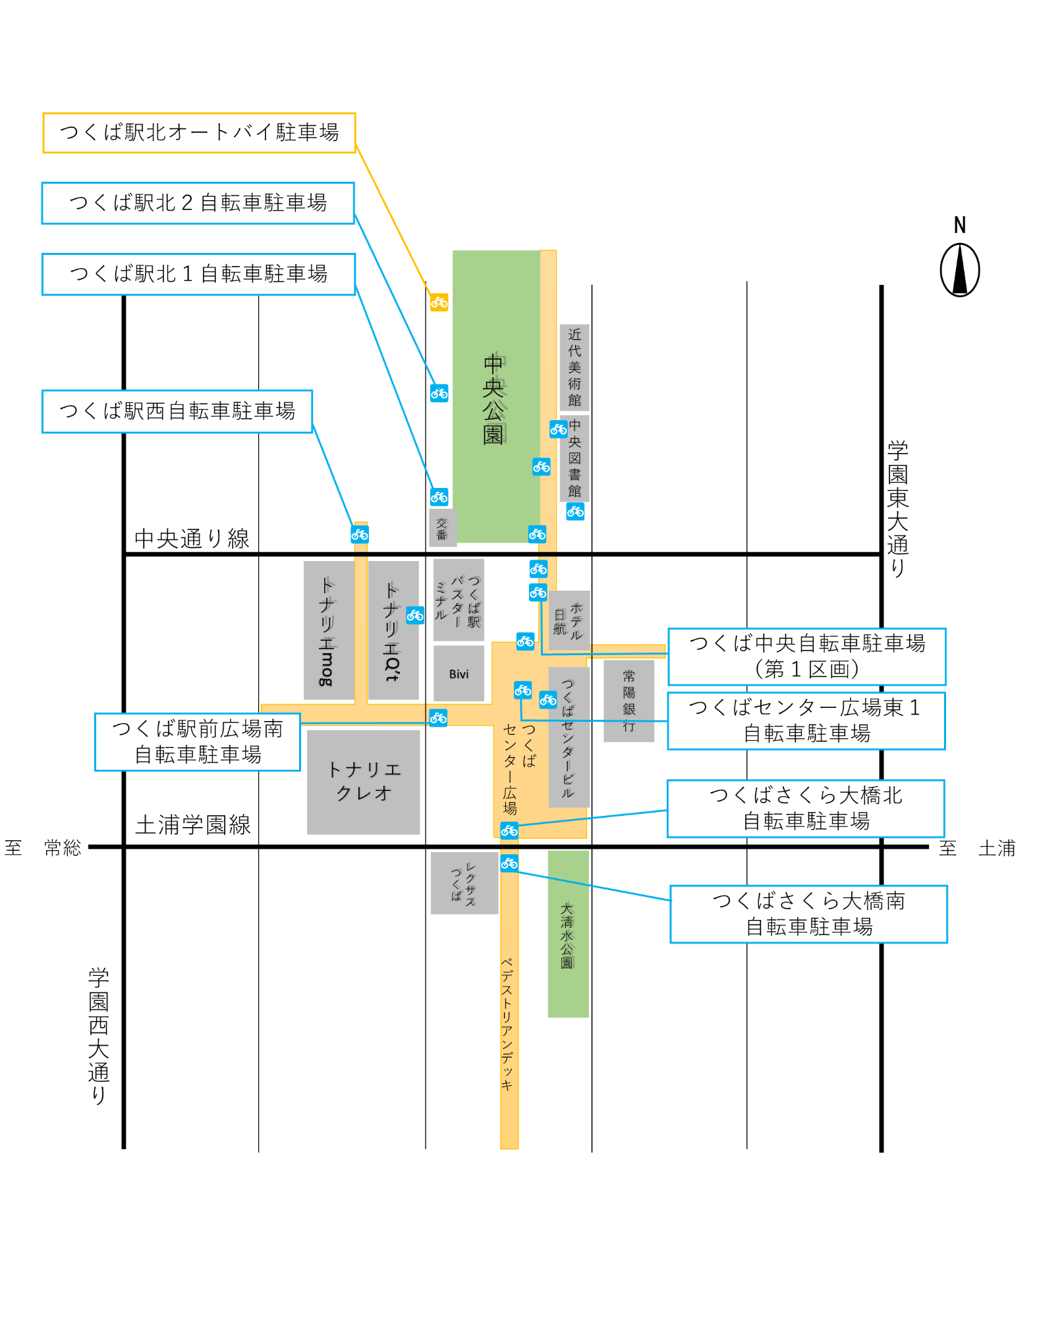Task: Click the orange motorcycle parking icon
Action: pos(439,302)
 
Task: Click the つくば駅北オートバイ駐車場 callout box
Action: pos(199,133)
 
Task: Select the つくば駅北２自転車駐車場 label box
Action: pos(198,203)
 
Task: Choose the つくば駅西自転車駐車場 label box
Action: pos(177,411)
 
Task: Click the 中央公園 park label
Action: pos(493,398)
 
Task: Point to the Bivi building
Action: pos(459,673)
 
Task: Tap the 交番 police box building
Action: pos(442,527)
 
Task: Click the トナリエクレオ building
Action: pos(363,782)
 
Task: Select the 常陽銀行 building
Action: pos(628,700)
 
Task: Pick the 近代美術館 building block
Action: pos(574,367)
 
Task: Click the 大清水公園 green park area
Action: pos(567,933)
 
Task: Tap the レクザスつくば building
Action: pos(464,882)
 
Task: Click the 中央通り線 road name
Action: pos(192,539)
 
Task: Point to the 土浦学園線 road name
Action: pos(193,824)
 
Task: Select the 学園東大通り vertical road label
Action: pos(897,508)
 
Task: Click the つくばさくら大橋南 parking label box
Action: pos(808,913)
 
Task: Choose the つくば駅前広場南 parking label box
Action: pos(197,741)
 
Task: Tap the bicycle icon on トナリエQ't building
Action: pos(414,615)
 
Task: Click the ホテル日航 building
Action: pos(569,620)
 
